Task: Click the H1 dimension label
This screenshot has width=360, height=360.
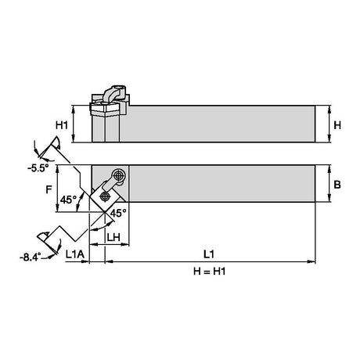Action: click(62, 125)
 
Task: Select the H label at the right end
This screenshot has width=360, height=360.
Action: click(337, 125)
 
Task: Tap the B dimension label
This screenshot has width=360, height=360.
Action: click(337, 185)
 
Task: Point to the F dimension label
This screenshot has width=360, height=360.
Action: click(49, 189)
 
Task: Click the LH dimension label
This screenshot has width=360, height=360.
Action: click(113, 237)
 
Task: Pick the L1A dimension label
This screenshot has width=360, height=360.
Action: click(75, 254)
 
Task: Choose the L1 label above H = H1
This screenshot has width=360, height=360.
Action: click(209, 254)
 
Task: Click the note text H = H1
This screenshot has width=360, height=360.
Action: click(209, 272)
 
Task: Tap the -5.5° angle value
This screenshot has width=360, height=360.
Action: click(38, 168)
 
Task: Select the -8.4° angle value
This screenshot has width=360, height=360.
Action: click(31, 257)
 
